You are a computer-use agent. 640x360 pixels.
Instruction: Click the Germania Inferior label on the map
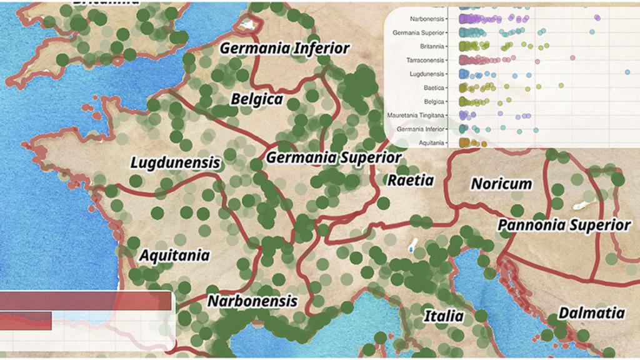tap(284, 49)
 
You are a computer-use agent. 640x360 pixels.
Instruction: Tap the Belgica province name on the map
tap(257, 99)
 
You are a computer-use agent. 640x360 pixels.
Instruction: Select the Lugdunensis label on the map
tap(176, 163)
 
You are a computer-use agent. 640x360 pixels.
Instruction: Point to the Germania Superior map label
tap(334, 158)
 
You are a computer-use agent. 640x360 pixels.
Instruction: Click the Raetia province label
tap(411, 181)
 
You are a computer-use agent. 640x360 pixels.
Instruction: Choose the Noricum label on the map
tap(501, 184)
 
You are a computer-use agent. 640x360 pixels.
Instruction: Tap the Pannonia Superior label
tap(564, 225)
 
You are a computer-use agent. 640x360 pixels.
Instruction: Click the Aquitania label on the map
tap(174, 256)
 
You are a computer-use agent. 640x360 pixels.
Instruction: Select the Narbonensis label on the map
tap(252, 301)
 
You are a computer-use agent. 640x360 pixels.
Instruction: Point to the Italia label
tap(444, 316)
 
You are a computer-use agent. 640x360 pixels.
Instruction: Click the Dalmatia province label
tap(591, 313)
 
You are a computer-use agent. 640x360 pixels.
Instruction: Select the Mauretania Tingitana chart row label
tap(416, 115)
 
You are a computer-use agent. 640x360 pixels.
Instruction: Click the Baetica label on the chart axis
tap(434, 87)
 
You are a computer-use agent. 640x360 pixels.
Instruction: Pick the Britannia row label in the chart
tap(432, 46)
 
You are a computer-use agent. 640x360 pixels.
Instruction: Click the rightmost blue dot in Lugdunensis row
tap(627, 73)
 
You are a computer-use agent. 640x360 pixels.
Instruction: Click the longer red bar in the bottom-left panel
tap(86, 301)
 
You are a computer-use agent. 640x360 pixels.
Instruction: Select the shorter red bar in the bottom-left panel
tap(26, 321)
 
